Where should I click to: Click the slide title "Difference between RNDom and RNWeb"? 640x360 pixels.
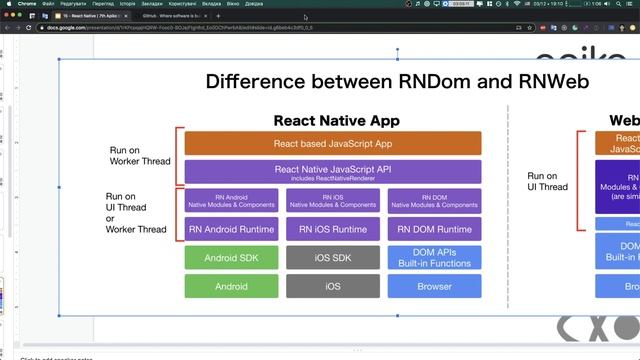tap(397, 81)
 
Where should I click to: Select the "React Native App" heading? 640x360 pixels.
tap(336, 120)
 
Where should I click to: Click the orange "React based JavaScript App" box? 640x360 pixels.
tap(333, 143)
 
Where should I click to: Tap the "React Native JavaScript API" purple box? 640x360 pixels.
tap(333, 172)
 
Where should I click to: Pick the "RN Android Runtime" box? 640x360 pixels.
tap(231, 229)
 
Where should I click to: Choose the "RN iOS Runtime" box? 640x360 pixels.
tap(333, 229)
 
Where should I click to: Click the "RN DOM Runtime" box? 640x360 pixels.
tap(434, 229)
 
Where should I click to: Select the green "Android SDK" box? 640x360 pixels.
tap(231, 258)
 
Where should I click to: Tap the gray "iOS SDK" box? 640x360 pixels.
tap(333, 258)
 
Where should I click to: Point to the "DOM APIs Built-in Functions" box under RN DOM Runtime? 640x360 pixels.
tap(434, 258)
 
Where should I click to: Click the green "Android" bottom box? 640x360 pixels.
tap(231, 286)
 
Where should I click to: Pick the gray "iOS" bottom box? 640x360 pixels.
tap(333, 286)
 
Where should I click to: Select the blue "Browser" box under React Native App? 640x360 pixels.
tap(434, 286)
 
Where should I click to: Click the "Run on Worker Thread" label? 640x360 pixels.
tap(140, 156)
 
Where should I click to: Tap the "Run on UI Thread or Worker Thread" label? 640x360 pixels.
tap(136, 213)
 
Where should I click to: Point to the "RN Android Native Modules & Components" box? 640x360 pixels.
tap(231, 201)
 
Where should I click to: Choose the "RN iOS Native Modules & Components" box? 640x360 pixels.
tap(333, 201)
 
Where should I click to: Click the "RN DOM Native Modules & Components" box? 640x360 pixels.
tap(434, 201)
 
